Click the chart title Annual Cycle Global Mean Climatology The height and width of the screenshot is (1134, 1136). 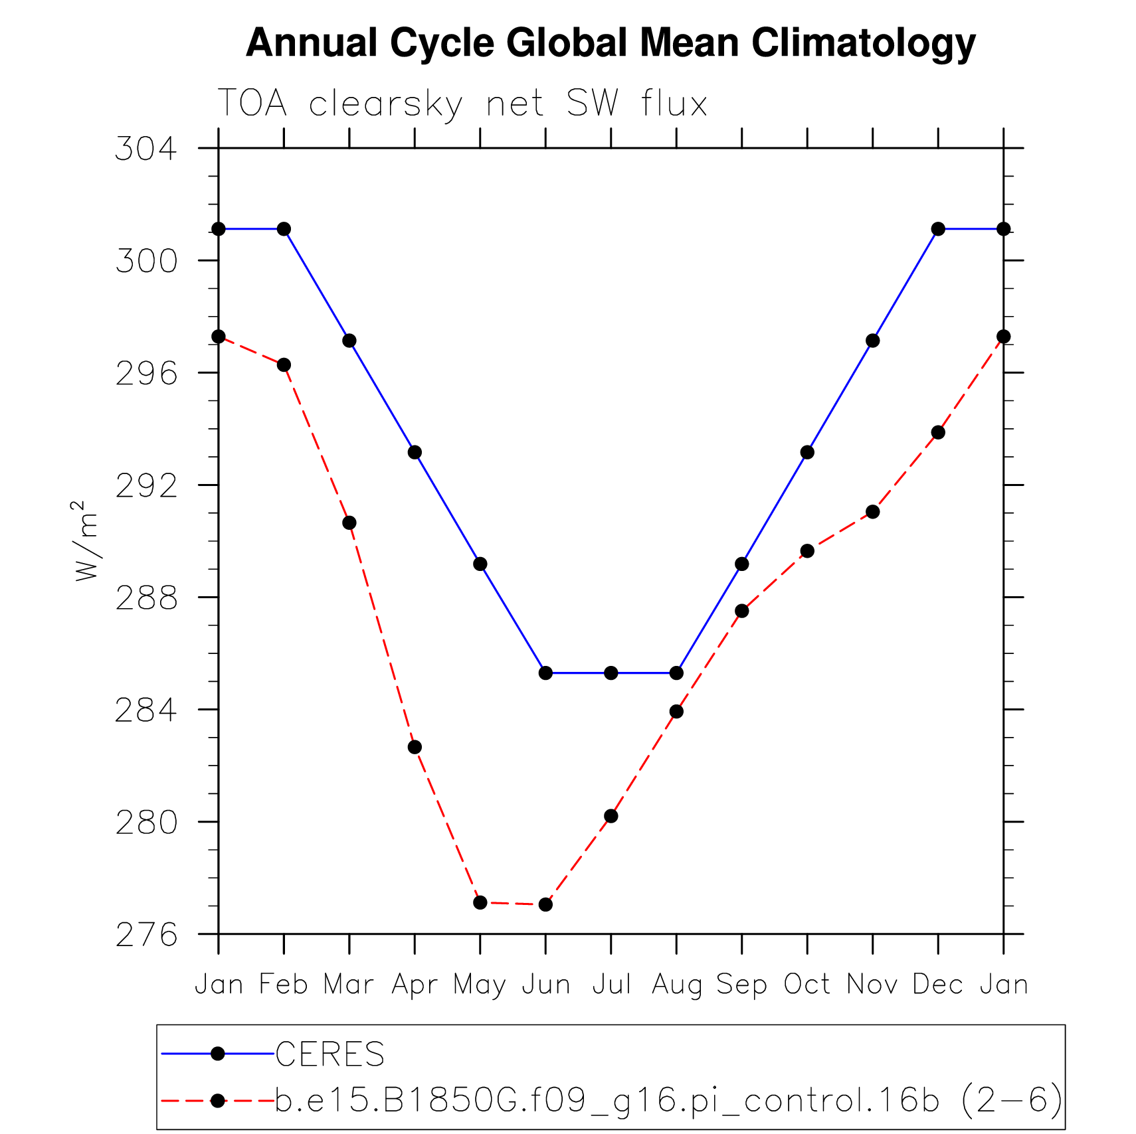pyautogui.click(x=611, y=43)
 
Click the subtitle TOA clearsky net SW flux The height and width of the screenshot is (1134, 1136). pyautogui.click(x=462, y=104)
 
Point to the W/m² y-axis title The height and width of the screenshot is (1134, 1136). pyautogui.click(x=86, y=541)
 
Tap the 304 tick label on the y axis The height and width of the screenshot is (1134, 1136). pyautogui.click(x=147, y=149)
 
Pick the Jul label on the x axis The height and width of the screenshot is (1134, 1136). pyautogui.click(x=611, y=985)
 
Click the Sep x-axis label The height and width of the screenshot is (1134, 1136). pyautogui.click(x=741, y=985)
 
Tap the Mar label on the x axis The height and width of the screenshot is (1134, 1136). pyautogui.click(x=349, y=985)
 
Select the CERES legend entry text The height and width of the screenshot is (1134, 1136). pyautogui.click(x=330, y=1054)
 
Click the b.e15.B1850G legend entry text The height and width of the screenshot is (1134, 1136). pyautogui.click(x=668, y=1100)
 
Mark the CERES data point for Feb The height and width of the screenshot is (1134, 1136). pyautogui.click(x=284, y=229)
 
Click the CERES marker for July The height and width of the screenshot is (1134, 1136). pyautogui.click(x=611, y=673)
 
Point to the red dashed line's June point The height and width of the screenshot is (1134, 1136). pyautogui.click(x=545, y=904)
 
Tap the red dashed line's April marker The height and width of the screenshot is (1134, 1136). pyautogui.click(x=415, y=747)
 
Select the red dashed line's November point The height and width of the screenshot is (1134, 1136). pyautogui.click(x=873, y=512)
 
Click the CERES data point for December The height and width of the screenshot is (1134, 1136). pyautogui.click(x=938, y=229)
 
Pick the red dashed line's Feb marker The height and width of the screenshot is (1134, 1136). pyautogui.click(x=284, y=364)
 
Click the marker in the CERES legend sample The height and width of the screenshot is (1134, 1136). pyautogui.click(x=217, y=1054)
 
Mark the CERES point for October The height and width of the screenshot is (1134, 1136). pyautogui.click(x=807, y=453)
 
